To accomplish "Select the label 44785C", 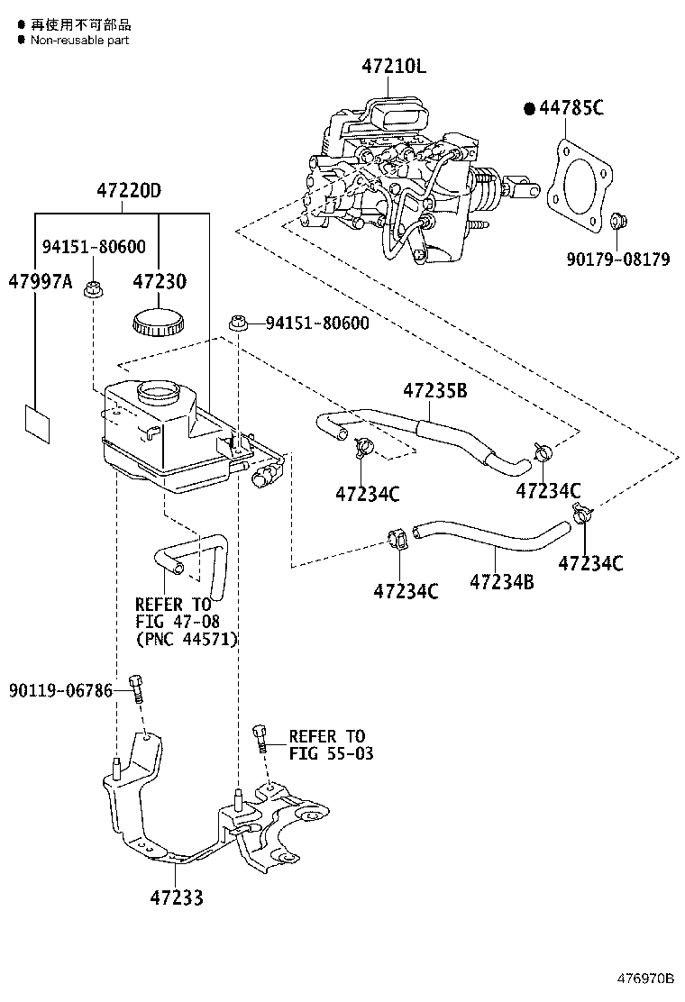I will pos(571,109).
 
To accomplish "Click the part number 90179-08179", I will pos(618,260).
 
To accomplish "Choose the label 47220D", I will pos(129,191).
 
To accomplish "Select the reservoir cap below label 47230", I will pos(158,322).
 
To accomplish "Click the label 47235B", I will pos(434,391).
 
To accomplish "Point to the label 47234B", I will pos(501,583).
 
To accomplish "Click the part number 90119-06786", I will pos(61,691).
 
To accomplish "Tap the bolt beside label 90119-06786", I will pos(136,689).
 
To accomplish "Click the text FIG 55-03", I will pos(331,753).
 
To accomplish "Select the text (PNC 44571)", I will pos(186,640).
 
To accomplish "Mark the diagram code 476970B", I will pos(645,978).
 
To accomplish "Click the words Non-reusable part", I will pos(79,40).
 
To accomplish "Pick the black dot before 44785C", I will pos(529,109).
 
